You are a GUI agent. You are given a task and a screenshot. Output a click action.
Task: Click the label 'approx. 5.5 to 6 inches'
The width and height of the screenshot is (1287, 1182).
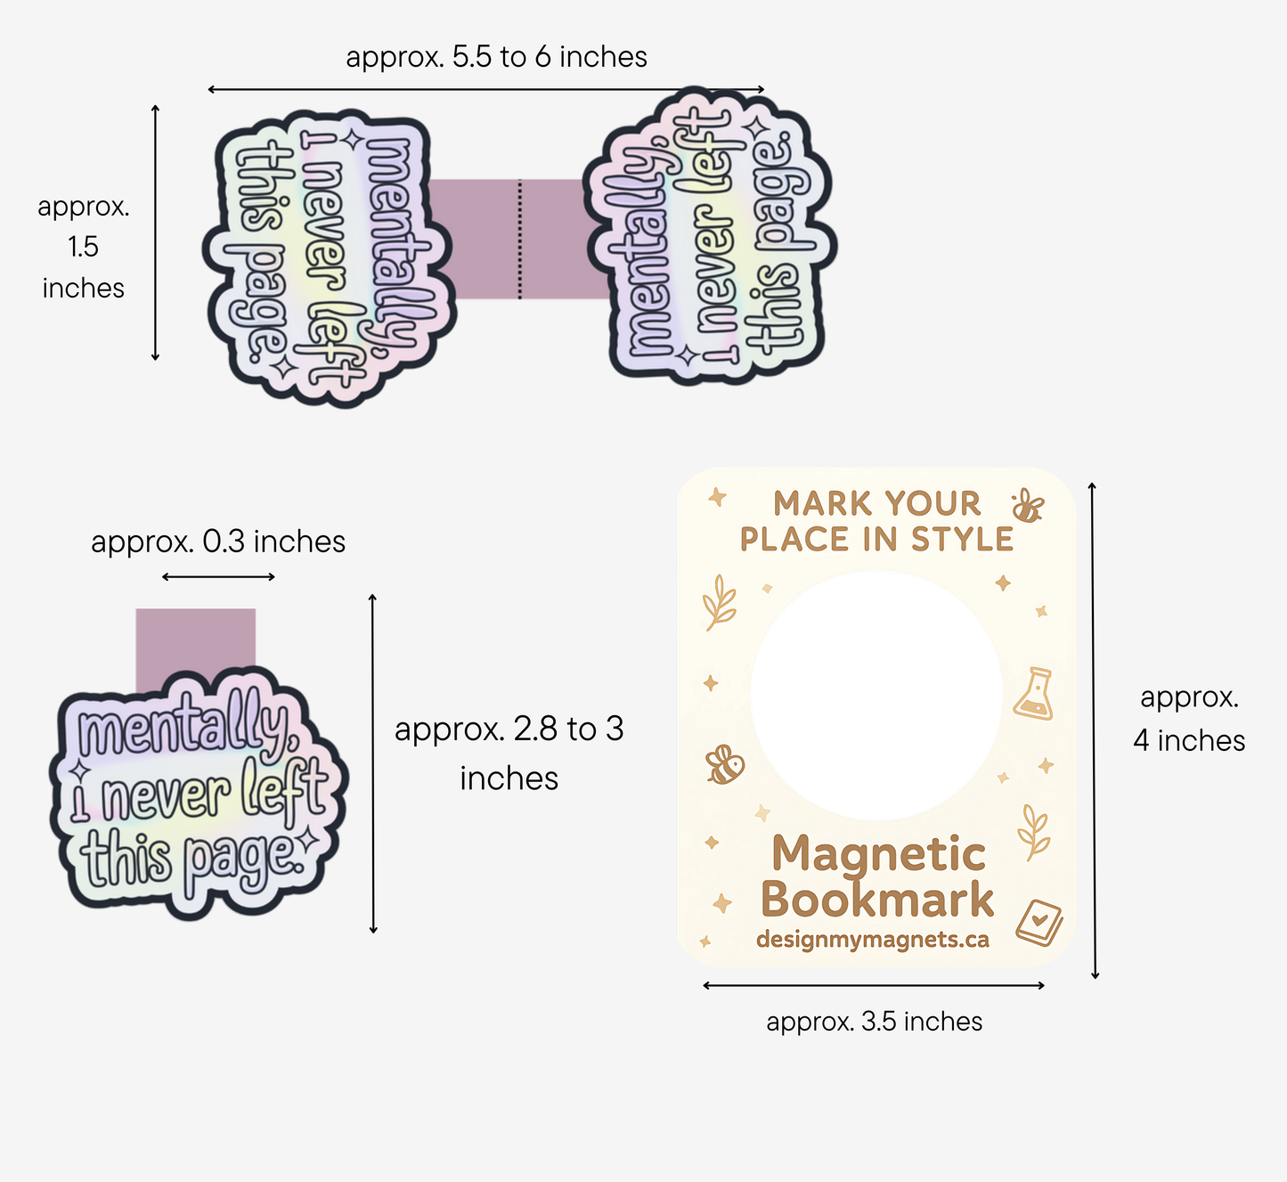pyautogui.click(x=496, y=57)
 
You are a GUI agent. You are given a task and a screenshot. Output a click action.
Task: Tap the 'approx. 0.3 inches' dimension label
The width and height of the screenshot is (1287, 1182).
pyautogui.click(x=218, y=542)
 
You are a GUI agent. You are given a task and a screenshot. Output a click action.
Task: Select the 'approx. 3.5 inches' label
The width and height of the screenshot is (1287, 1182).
pyautogui.click(x=874, y=1022)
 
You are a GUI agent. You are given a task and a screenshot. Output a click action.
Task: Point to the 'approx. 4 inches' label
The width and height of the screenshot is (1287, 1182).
pyautogui.click(x=1189, y=719)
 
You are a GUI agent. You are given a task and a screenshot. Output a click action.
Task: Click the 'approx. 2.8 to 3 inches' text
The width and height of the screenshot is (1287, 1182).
pyautogui.click(x=509, y=754)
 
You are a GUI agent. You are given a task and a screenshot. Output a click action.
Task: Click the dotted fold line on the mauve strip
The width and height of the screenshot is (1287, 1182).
pyautogui.click(x=520, y=239)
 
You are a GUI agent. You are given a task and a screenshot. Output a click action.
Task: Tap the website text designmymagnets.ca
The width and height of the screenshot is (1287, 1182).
pyautogui.click(x=872, y=940)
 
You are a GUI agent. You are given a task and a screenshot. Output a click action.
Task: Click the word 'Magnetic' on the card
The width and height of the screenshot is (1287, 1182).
pyautogui.click(x=878, y=855)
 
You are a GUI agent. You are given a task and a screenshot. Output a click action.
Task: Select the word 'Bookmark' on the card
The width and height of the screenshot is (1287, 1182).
pyautogui.click(x=877, y=900)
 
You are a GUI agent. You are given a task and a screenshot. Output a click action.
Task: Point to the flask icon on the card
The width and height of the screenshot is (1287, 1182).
pyautogui.click(x=1035, y=693)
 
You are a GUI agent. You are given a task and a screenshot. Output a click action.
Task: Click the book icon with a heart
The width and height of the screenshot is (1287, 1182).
pyautogui.click(x=1039, y=923)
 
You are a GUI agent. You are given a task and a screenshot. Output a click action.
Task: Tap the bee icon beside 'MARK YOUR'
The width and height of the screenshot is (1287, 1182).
pyautogui.click(x=1027, y=506)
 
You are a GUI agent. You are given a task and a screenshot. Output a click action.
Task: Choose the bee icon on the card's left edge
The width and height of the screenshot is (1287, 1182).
pyautogui.click(x=724, y=764)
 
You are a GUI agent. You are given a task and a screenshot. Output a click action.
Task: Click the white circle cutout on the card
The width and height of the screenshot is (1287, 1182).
pyautogui.click(x=876, y=695)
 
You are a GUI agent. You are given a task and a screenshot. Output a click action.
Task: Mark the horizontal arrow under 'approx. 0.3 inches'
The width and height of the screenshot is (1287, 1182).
pyautogui.click(x=218, y=577)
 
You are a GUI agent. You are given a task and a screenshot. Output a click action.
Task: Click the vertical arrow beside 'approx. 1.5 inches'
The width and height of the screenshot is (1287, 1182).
pyautogui.click(x=155, y=232)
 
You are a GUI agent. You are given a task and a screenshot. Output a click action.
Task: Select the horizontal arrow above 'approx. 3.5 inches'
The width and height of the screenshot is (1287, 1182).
pyautogui.click(x=873, y=985)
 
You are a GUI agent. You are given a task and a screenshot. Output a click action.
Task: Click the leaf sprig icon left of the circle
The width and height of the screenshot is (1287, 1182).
pyautogui.click(x=720, y=602)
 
